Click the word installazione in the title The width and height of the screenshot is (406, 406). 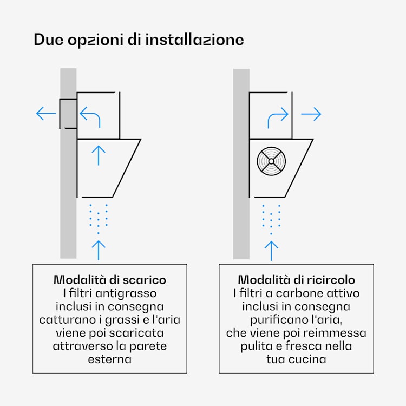pyautogui.click(x=194, y=40)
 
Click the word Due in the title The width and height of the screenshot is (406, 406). pyautogui.click(x=48, y=40)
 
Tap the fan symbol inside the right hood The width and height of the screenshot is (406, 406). pyautogui.click(x=271, y=161)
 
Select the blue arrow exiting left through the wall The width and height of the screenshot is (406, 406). pyautogui.click(x=46, y=114)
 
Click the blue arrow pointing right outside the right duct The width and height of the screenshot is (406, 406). pyautogui.click(x=311, y=114)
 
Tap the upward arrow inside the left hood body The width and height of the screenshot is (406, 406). pyautogui.click(x=99, y=155)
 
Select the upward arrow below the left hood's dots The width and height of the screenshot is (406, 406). pyautogui.click(x=99, y=250)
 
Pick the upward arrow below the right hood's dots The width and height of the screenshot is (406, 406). pyautogui.click(x=271, y=251)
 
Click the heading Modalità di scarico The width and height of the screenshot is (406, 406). pyautogui.click(x=110, y=280)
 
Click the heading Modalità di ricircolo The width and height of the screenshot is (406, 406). pyautogui.click(x=296, y=280)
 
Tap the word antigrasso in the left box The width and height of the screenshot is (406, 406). pyautogui.click(x=126, y=293)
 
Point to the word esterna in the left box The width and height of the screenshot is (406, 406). pyautogui.click(x=110, y=359)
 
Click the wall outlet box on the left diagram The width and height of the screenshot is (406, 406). pyautogui.click(x=68, y=114)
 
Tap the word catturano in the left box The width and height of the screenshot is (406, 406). pyautogui.click(x=68, y=320)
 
